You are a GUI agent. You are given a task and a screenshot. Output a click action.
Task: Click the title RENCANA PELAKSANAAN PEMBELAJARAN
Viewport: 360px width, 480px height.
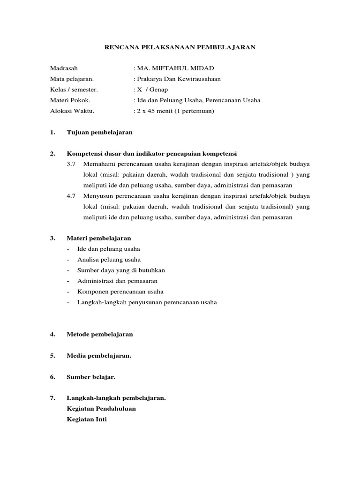pos(180,47)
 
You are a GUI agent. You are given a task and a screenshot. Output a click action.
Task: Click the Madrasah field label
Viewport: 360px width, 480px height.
pos(64,68)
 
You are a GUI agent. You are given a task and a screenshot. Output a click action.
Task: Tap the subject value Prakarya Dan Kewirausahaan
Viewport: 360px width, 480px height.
pos(179,79)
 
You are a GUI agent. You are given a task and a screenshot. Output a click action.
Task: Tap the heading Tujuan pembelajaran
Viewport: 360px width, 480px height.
pos(100,133)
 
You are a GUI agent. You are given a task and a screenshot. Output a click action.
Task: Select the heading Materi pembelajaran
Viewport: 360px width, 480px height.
pos(99,238)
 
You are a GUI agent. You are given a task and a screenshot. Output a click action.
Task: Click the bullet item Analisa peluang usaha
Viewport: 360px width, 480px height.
pos(109,260)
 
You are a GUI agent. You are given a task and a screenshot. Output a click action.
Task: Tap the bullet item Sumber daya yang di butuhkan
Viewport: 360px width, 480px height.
pos(121,270)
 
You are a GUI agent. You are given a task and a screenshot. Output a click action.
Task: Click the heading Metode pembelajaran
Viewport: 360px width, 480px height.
pos(100,335)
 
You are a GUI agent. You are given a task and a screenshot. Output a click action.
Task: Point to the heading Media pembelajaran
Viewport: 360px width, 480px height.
pos(99,356)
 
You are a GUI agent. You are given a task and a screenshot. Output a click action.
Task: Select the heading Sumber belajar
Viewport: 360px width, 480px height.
pos(91,377)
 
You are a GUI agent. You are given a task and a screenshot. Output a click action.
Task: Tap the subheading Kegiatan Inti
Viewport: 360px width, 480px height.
pos(87,420)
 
